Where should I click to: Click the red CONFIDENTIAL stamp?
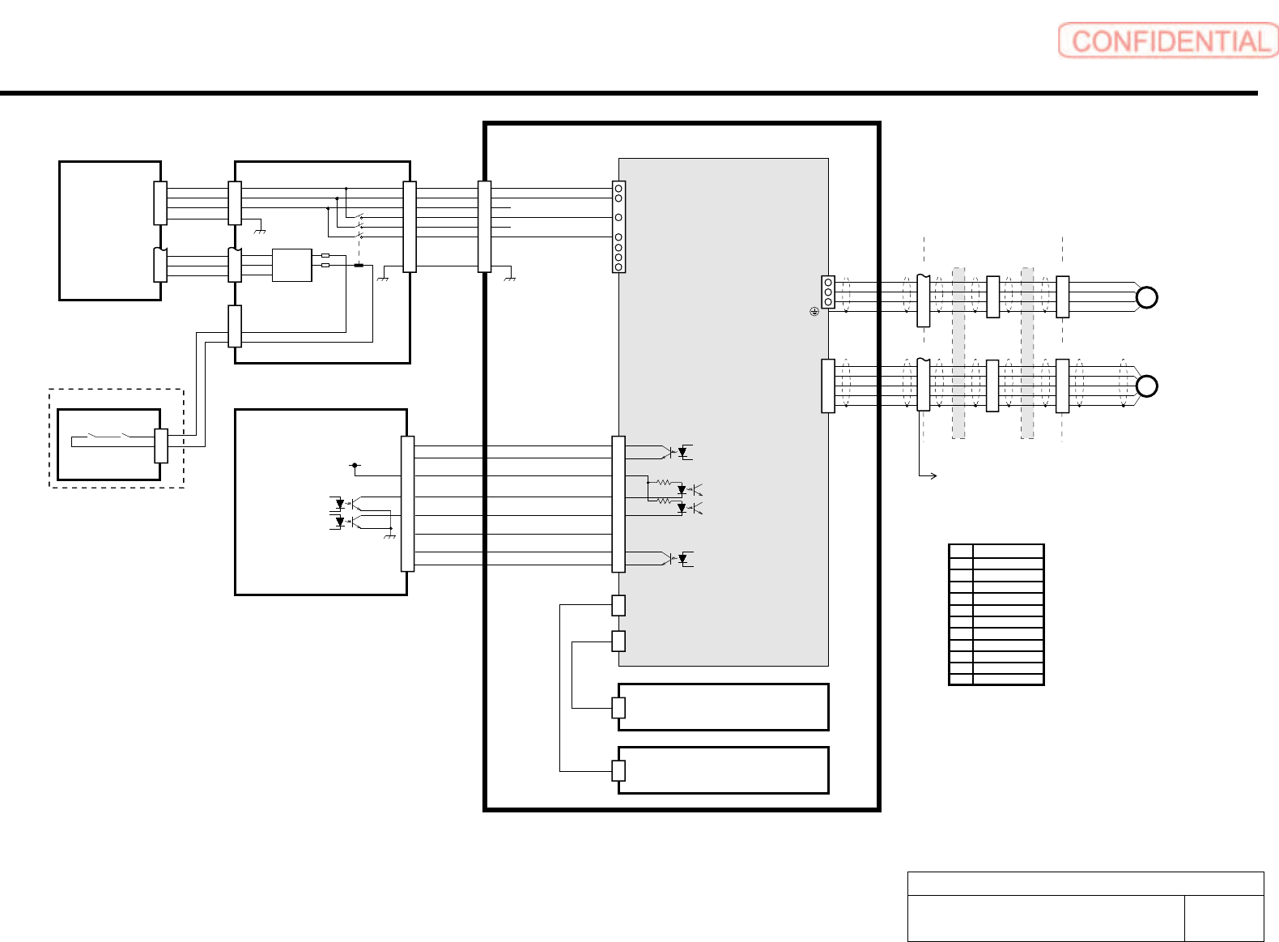pyautogui.click(x=1167, y=40)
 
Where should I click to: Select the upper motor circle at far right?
pyautogui.click(x=1146, y=297)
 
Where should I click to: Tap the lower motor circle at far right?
pyautogui.click(x=1146, y=386)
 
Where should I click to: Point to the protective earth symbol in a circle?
pyautogui.click(x=814, y=311)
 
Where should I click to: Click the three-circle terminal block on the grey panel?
pyautogui.click(x=828, y=292)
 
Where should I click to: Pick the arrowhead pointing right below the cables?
pyautogui.click(x=933, y=475)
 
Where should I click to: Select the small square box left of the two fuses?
pyautogui.click(x=291, y=265)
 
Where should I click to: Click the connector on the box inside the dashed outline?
pyautogui.click(x=161, y=445)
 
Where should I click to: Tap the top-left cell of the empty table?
pyautogui.click(x=961, y=551)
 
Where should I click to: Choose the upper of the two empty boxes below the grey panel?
pyautogui.click(x=723, y=707)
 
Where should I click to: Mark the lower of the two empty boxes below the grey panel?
pyautogui.click(x=723, y=770)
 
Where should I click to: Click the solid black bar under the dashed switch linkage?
pyautogui.click(x=359, y=265)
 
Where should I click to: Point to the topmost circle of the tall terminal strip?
pyautogui.click(x=618, y=188)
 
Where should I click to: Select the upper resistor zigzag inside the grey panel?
pyautogui.click(x=663, y=483)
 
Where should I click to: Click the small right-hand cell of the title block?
pyautogui.click(x=1223, y=918)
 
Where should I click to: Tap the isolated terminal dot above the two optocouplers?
pyautogui.click(x=355, y=466)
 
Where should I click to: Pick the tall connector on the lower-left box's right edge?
pyautogui.click(x=408, y=503)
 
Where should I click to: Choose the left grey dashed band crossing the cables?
pyautogui.click(x=958, y=353)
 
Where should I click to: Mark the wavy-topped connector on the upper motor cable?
pyautogui.click(x=923, y=301)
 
